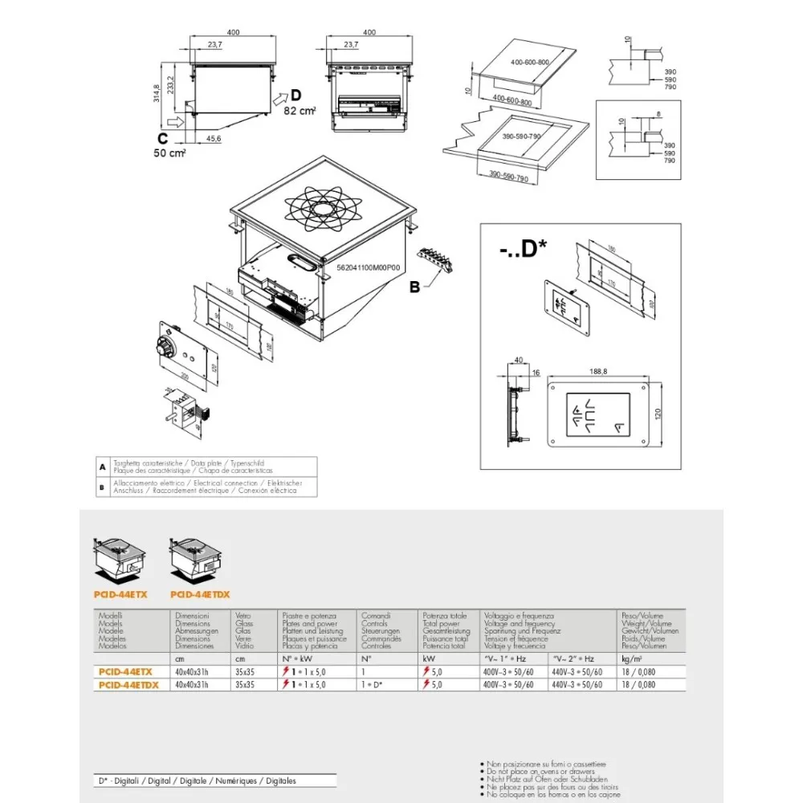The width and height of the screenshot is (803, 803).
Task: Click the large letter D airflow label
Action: click(296, 96)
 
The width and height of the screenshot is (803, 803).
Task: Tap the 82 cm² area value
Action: click(300, 111)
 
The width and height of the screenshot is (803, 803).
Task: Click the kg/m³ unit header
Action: click(628, 658)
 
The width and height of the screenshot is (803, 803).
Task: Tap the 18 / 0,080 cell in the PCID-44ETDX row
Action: click(638, 685)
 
